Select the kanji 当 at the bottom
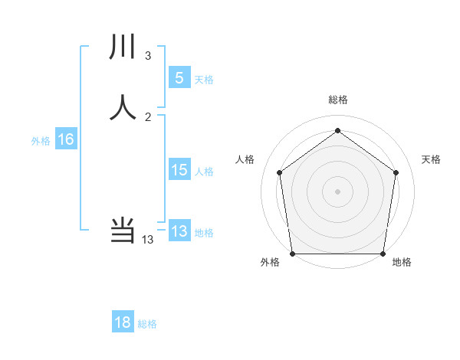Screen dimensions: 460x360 click(x=123, y=230)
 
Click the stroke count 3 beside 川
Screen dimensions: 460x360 click(x=147, y=56)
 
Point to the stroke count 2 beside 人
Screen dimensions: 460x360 click(x=148, y=116)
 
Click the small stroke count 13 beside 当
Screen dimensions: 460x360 click(x=148, y=240)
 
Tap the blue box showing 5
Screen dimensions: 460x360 click(x=179, y=77)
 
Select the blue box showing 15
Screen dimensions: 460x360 click(x=179, y=170)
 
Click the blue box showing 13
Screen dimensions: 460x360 click(x=179, y=231)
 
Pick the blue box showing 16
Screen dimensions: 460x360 click(x=65, y=139)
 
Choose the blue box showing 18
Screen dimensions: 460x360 click(x=123, y=322)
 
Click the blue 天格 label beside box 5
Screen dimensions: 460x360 click(x=204, y=80)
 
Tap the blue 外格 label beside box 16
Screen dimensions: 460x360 click(x=41, y=142)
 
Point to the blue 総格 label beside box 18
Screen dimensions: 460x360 click(x=147, y=325)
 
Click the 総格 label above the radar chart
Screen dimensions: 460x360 click(x=338, y=100)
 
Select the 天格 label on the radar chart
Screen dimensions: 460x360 click(x=432, y=159)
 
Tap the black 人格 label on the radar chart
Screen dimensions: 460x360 click(x=245, y=159)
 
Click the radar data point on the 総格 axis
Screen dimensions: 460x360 click(x=337, y=131)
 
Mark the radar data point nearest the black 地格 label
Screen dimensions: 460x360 click(x=383, y=254)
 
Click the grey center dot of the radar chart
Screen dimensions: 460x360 click(x=337, y=191)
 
